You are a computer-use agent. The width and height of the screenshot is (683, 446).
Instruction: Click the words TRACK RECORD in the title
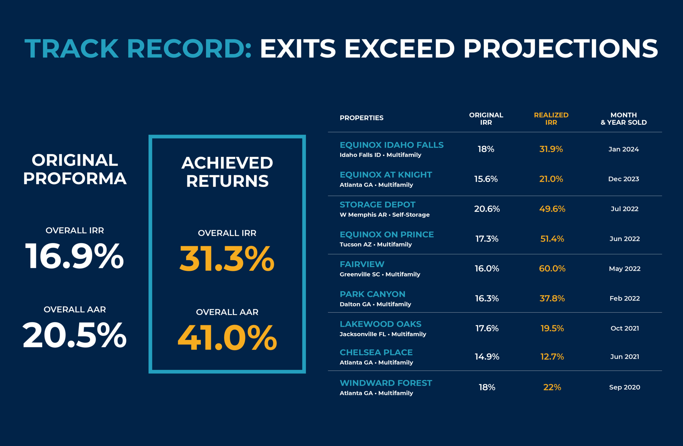(x=138, y=49)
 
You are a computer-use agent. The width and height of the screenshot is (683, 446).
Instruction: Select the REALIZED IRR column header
(x=551, y=119)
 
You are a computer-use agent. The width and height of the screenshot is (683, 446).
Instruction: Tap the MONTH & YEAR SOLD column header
(x=624, y=119)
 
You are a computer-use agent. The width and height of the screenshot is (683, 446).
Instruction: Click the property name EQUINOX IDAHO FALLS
(x=391, y=145)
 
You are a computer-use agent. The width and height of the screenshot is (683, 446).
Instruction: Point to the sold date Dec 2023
(x=624, y=179)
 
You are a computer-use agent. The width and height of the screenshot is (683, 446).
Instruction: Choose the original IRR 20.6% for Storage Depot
(x=487, y=209)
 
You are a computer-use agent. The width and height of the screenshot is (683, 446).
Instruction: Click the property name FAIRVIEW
(x=362, y=264)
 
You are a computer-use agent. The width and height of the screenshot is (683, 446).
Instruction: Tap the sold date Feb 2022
(x=625, y=298)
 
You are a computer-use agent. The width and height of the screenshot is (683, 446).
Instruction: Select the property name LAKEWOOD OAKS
(x=380, y=324)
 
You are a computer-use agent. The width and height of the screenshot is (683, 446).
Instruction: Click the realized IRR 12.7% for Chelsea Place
(x=552, y=357)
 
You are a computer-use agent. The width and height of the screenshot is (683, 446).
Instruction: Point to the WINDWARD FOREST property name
(x=386, y=383)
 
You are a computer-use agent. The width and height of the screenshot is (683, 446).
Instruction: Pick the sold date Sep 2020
(x=625, y=387)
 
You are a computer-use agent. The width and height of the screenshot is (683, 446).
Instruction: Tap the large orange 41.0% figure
(x=227, y=338)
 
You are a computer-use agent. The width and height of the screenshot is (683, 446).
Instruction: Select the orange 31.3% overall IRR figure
(x=227, y=258)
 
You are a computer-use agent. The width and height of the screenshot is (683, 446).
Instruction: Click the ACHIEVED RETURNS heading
(x=227, y=172)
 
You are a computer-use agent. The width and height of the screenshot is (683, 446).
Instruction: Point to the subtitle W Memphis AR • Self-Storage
(x=384, y=215)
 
